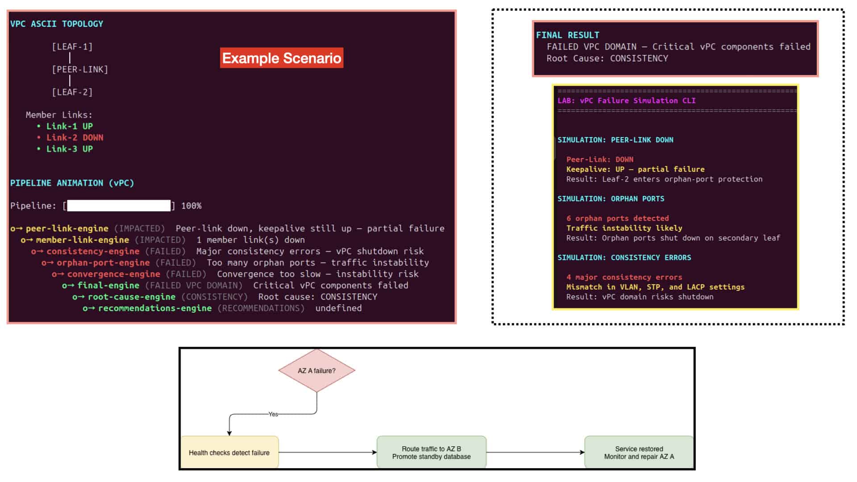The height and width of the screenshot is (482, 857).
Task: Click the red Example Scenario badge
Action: click(282, 58)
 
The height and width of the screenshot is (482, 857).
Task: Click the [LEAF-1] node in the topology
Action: click(72, 47)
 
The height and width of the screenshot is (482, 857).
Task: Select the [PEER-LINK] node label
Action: click(80, 70)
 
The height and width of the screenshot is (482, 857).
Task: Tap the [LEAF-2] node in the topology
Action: click(72, 92)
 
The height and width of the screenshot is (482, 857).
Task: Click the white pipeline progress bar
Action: click(119, 205)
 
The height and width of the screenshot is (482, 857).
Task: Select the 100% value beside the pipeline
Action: click(191, 206)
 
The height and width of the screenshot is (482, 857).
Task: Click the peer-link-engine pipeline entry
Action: click(67, 229)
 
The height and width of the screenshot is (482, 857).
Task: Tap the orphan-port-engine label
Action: click(103, 263)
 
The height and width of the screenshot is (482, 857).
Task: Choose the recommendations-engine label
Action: click(155, 308)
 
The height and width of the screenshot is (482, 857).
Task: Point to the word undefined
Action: click(339, 308)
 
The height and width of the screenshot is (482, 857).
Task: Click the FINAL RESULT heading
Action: click(568, 35)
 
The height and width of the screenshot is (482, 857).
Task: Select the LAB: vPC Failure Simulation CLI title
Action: click(627, 101)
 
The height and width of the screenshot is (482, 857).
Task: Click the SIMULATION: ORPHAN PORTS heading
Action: click(611, 199)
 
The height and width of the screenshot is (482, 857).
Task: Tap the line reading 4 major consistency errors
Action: click(624, 278)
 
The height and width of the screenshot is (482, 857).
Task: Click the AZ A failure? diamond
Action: click(317, 370)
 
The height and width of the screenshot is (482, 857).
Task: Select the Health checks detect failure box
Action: click(229, 453)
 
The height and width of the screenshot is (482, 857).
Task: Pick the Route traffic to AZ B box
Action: click(432, 453)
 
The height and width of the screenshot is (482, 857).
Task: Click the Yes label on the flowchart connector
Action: click(273, 414)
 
